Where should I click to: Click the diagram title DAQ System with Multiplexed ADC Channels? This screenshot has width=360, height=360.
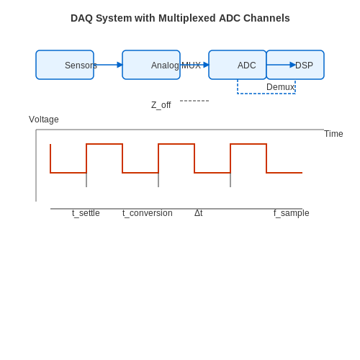click(x=180, y=18)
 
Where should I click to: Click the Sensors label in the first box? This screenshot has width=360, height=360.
click(x=81, y=66)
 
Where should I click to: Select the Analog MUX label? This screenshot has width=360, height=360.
click(x=176, y=66)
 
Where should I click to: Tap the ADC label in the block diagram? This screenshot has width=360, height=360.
click(x=246, y=66)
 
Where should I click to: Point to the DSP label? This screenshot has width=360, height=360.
click(x=304, y=66)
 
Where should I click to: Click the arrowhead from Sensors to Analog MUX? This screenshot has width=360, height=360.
click(x=120, y=65)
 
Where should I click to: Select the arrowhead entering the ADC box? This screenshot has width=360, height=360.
click(x=206, y=65)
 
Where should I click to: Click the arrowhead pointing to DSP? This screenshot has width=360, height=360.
click(x=292, y=65)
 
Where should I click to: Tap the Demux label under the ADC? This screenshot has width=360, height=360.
click(x=280, y=87)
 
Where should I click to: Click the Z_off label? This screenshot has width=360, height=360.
click(x=161, y=105)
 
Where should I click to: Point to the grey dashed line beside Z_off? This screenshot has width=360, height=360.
click(x=194, y=101)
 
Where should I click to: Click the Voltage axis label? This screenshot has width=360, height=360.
click(x=44, y=120)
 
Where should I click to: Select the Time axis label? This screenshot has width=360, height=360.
click(x=333, y=134)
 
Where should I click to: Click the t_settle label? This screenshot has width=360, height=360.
click(x=86, y=213)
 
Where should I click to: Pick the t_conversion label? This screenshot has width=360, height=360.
click(x=148, y=213)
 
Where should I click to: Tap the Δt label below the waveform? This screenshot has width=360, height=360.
click(x=199, y=213)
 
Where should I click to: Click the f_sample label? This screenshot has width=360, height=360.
click(x=292, y=213)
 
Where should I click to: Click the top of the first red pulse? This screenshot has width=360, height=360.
click(x=104, y=144)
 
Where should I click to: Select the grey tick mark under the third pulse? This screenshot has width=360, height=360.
click(x=230, y=180)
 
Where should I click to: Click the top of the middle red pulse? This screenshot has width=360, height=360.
click(x=176, y=144)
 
